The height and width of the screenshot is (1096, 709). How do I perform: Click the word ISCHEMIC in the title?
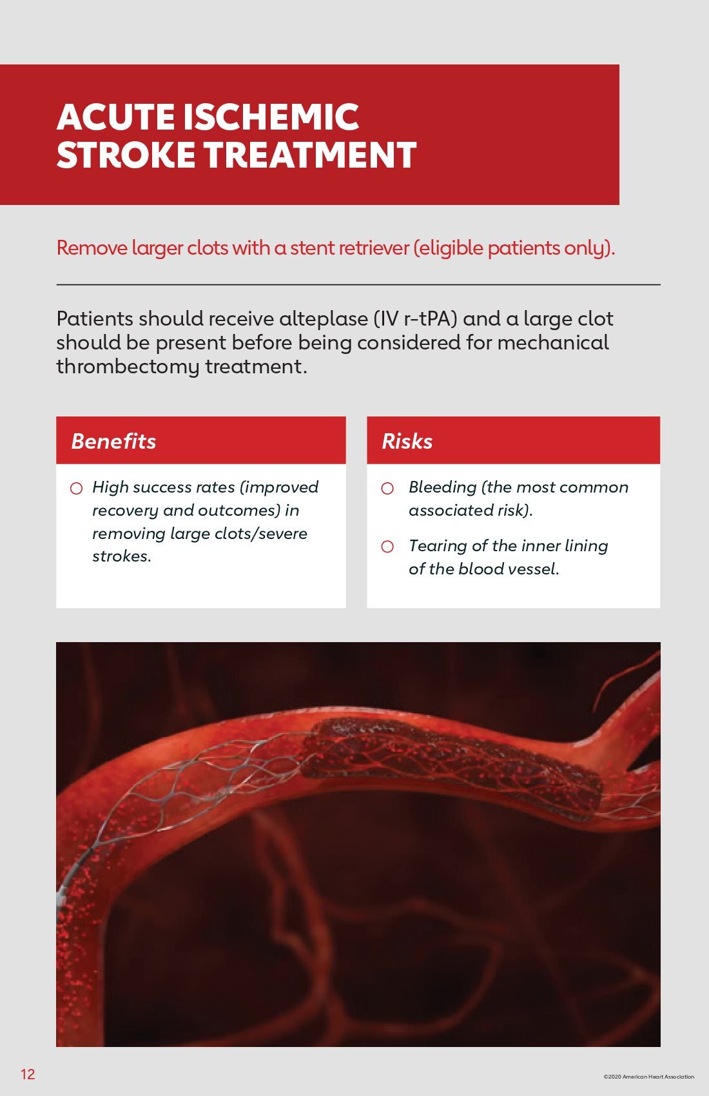(x=271, y=117)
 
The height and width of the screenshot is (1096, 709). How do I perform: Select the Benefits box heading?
(x=113, y=442)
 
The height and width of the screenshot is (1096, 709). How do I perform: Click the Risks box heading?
(x=407, y=442)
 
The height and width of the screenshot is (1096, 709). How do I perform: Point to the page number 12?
(x=28, y=1074)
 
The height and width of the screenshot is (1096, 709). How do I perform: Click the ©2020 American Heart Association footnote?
(x=649, y=1077)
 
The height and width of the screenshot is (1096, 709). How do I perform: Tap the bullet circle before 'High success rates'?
(x=76, y=488)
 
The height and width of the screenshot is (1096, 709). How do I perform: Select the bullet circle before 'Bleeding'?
(x=387, y=488)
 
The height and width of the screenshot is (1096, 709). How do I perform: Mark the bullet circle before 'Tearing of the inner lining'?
(x=387, y=547)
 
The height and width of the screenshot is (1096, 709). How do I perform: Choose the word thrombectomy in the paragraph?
(x=128, y=367)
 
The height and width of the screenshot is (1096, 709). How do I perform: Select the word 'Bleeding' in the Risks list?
(x=442, y=487)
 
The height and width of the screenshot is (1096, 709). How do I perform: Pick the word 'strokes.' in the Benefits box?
(x=122, y=556)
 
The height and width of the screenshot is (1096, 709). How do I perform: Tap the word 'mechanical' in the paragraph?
(x=553, y=342)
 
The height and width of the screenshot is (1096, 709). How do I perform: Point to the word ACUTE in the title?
(x=115, y=117)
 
